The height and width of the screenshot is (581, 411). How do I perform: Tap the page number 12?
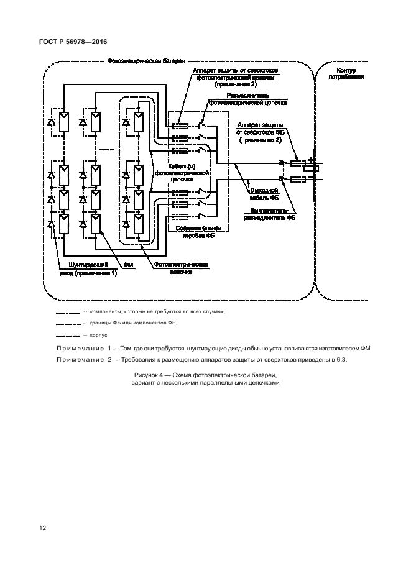point(43,529)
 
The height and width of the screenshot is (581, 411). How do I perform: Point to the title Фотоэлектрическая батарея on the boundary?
point(146,62)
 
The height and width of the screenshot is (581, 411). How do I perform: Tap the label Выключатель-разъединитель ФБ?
point(269,214)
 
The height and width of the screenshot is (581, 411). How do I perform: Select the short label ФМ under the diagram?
point(129,265)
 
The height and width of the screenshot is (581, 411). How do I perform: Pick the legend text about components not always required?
point(157,311)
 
